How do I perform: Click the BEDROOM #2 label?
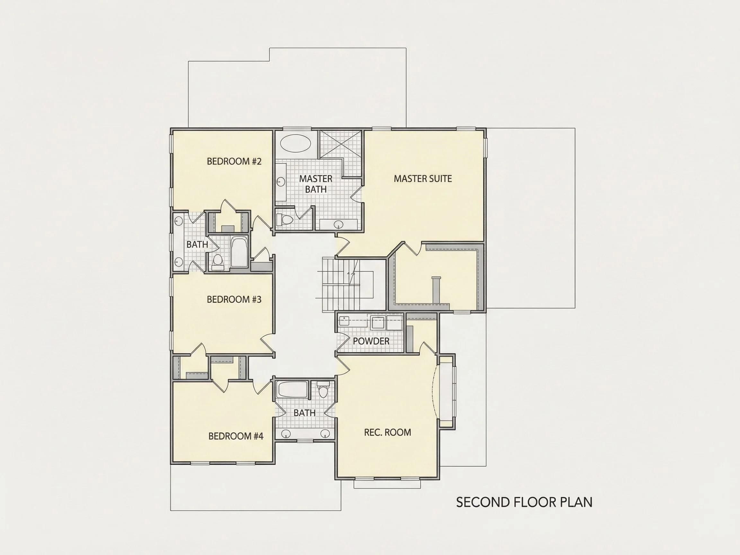234,161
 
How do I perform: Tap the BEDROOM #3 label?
234,299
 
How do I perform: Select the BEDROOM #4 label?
236,436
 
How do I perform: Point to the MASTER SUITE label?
423,179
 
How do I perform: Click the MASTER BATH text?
316,184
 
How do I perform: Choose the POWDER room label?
371,341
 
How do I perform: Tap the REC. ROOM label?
387,432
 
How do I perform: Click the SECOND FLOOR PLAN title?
524,502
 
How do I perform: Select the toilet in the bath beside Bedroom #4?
323,390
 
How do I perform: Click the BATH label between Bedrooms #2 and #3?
198,244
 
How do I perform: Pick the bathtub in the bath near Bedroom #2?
239,252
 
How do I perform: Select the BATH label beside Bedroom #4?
304,413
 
